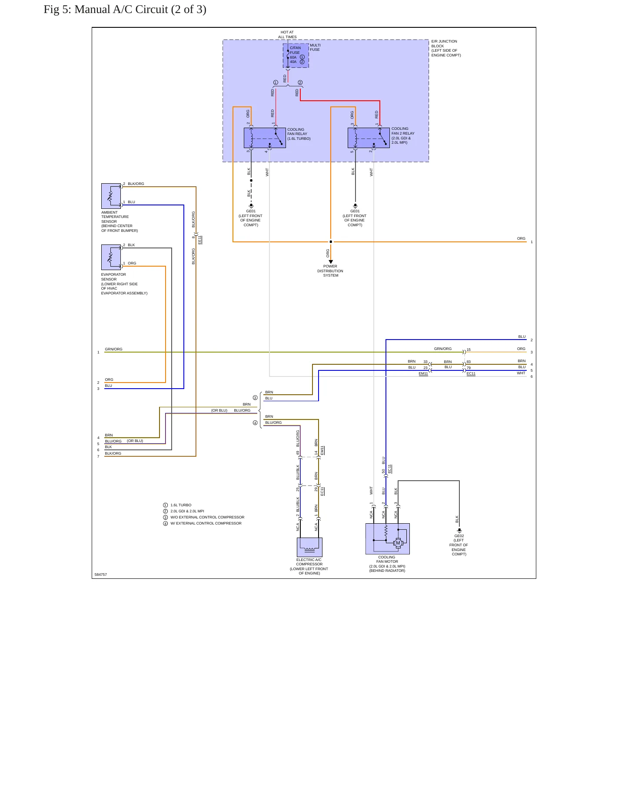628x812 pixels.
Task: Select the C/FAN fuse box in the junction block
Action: [296, 56]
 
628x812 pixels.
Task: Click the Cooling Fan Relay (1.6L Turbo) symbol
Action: [265, 138]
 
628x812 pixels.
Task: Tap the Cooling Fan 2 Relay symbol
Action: [369, 138]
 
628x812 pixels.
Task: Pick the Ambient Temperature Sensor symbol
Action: [111, 196]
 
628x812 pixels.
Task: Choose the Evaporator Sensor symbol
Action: [111, 257]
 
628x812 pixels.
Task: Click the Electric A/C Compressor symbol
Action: [309, 547]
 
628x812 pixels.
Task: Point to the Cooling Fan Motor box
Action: [388, 539]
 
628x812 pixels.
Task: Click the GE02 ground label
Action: [459, 536]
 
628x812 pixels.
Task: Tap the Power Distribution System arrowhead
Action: [331, 262]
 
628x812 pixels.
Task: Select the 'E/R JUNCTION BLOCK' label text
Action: [444, 43]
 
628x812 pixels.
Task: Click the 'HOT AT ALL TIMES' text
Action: [287, 34]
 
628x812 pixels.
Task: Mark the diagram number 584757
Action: [100, 574]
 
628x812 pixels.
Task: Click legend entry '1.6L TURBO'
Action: [181, 505]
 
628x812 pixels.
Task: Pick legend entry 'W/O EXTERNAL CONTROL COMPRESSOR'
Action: [207, 517]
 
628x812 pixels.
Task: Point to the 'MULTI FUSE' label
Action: [315, 47]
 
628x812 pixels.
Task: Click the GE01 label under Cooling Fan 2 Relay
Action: [355, 211]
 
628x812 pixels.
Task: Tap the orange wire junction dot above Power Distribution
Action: [331, 242]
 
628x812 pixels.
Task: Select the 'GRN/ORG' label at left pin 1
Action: [113, 349]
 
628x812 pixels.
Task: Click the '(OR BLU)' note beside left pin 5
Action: [135, 441]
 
